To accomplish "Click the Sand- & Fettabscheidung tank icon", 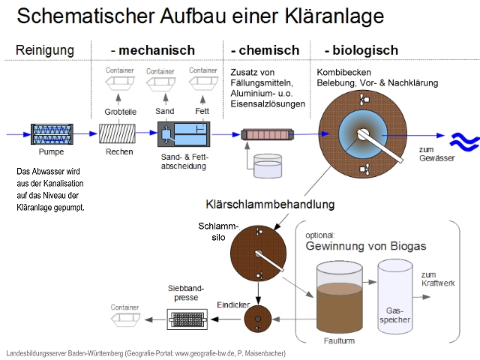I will (184, 136).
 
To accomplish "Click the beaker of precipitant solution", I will (266, 166).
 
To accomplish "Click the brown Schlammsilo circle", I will (257, 253).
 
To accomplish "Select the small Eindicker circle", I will (257, 320).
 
